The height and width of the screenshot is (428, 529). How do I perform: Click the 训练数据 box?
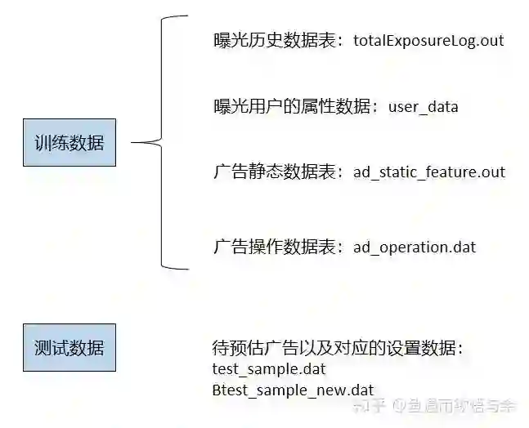click(x=69, y=144)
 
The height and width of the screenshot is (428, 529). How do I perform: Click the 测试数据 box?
click(x=69, y=349)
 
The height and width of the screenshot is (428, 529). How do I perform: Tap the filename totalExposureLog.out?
click(x=428, y=40)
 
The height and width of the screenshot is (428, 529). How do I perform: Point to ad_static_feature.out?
click(x=429, y=172)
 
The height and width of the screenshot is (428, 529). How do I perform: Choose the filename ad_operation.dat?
click(x=415, y=247)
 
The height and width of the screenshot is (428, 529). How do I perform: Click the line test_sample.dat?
click(x=268, y=368)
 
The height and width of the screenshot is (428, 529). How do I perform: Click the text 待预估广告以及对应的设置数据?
click(x=335, y=349)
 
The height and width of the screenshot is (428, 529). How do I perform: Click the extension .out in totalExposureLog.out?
click(x=491, y=40)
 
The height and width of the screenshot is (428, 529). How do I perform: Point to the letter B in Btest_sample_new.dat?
click(x=217, y=390)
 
